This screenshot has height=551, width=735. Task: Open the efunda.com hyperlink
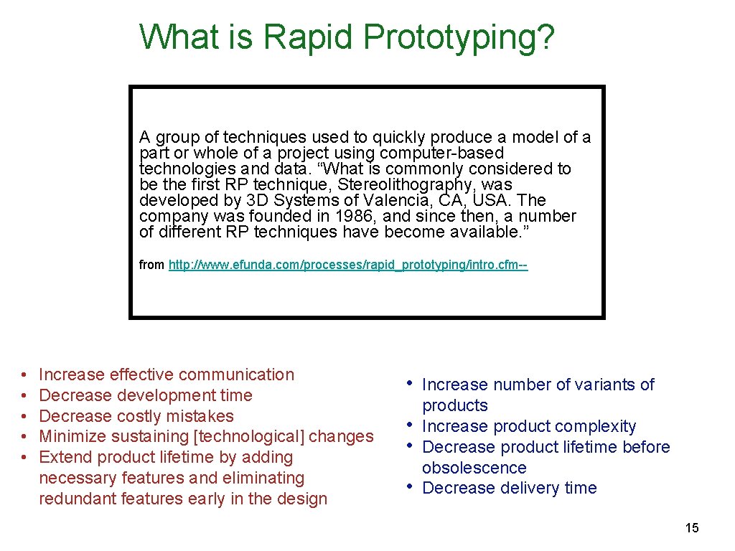coord(347,265)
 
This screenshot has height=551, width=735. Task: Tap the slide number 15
coord(691,528)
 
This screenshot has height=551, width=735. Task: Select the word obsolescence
coord(474,468)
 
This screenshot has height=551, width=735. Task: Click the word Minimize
coord(70,436)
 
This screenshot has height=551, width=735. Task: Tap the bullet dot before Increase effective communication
coord(24,375)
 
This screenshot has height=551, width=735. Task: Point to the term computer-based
coord(441,153)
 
